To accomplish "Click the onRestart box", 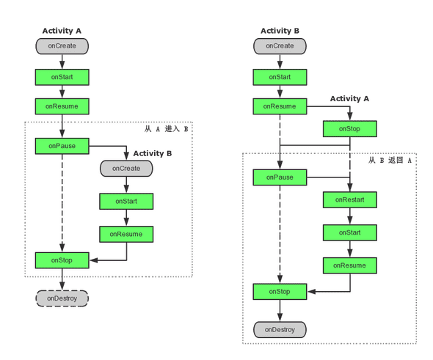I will pyautogui.click(x=350, y=199).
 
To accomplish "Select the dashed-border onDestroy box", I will pyautogui.click(x=62, y=298).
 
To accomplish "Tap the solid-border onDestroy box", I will pyautogui.click(x=280, y=330).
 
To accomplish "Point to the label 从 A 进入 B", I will pyautogui.click(x=167, y=129).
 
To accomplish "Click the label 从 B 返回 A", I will pyautogui.click(x=390, y=160).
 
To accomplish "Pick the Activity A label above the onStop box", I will pyautogui.click(x=349, y=98).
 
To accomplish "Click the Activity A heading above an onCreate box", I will pyautogui.click(x=62, y=31).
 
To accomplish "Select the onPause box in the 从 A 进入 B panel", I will pyautogui.click(x=62, y=146).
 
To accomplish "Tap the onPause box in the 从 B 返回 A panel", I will pyautogui.click(x=280, y=177).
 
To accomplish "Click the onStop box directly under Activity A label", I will pyautogui.click(x=350, y=129).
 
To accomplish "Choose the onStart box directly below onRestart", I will pyautogui.click(x=350, y=232).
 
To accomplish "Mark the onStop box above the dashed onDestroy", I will pyautogui.click(x=62, y=260).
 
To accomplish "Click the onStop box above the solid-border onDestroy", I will pyautogui.click(x=280, y=292).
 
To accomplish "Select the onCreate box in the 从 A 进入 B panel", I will pyautogui.click(x=126, y=169).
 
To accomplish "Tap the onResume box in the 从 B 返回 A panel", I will pyautogui.click(x=350, y=265).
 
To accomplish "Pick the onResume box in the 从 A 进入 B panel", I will pyautogui.click(x=126, y=234).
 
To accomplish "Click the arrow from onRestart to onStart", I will pyautogui.click(x=350, y=216).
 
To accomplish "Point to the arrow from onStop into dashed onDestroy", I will pyautogui.click(x=62, y=279).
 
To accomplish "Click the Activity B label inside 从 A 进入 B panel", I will pyautogui.click(x=153, y=153).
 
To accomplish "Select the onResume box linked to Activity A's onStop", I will pyautogui.click(x=280, y=106).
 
